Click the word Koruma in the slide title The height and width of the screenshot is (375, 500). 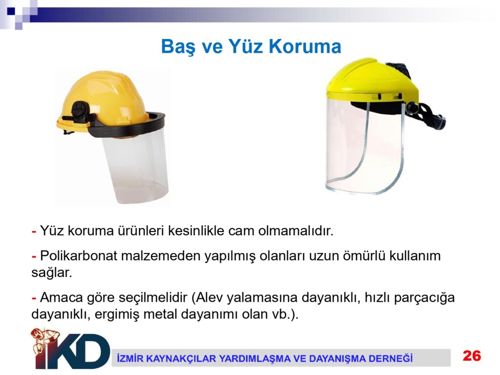305,46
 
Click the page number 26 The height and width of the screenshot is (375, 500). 472,355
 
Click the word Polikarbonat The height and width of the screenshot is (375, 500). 79,256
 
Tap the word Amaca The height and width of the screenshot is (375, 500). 61,297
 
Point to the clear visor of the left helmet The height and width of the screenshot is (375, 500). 136,166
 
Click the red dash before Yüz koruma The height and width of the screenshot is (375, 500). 34,231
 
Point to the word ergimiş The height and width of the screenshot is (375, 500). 117,315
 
